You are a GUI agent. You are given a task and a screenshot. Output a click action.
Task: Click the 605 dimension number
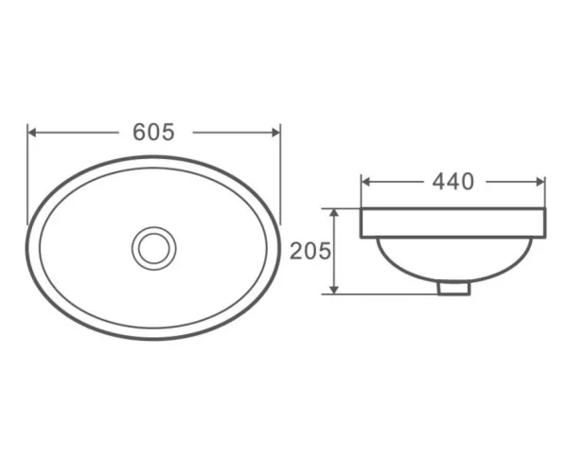(153, 132)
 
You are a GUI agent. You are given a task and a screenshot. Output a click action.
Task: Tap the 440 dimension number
(453, 182)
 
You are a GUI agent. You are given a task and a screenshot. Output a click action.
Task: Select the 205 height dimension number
(311, 251)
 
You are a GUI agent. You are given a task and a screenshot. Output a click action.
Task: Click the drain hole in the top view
(154, 248)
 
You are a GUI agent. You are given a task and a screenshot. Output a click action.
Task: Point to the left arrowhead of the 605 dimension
(32, 133)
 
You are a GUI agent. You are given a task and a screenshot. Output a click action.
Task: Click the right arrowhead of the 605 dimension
(276, 133)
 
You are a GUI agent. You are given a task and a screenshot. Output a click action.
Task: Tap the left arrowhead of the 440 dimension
(365, 182)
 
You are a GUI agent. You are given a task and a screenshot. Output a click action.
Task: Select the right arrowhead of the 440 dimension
(541, 182)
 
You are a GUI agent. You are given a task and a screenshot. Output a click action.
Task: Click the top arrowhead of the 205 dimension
(334, 213)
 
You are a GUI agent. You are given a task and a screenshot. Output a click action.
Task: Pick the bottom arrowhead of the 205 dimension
(334, 290)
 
